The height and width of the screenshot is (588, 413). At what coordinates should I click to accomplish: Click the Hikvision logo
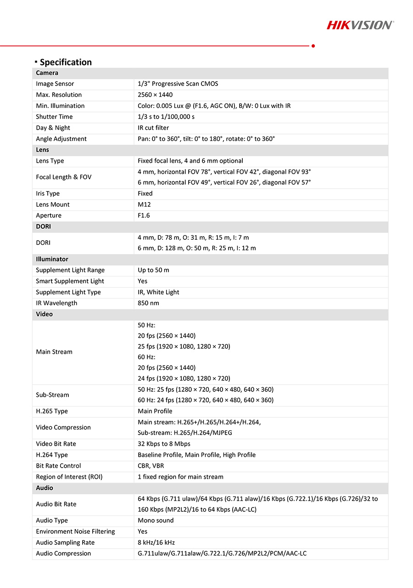point(360,25)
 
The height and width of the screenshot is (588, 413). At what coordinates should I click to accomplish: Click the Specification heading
point(66,62)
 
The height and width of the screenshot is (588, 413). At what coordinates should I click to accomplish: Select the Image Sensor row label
point(55,84)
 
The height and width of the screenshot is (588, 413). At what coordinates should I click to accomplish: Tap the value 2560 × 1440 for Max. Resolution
point(156,95)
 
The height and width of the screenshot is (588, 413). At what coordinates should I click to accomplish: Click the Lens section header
point(43,150)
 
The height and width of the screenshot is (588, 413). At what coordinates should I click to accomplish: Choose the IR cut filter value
point(153,128)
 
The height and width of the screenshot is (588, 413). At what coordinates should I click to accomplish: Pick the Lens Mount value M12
point(144,204)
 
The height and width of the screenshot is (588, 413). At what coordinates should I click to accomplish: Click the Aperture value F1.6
point(144,215)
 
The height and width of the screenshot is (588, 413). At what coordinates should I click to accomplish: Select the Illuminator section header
point(52,259)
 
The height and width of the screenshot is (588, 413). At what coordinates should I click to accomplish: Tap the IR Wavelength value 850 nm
point(148,303)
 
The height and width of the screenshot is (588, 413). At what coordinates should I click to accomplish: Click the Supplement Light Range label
point(70,270)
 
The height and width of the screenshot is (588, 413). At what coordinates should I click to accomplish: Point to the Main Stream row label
point(54,352)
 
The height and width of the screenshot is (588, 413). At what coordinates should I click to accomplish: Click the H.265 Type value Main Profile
point(155,411)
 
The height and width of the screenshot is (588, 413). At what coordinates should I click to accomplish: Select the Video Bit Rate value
point(164,444)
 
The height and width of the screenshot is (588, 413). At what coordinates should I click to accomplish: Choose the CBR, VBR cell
point(151,466)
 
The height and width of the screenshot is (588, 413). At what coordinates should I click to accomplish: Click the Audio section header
point(45,488)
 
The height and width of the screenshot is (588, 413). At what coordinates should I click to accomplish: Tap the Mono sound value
point(156,520)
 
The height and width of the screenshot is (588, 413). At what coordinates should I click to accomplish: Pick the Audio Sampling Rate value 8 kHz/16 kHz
point(156,543)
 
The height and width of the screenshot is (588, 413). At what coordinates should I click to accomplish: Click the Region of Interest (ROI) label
point(69,477)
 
